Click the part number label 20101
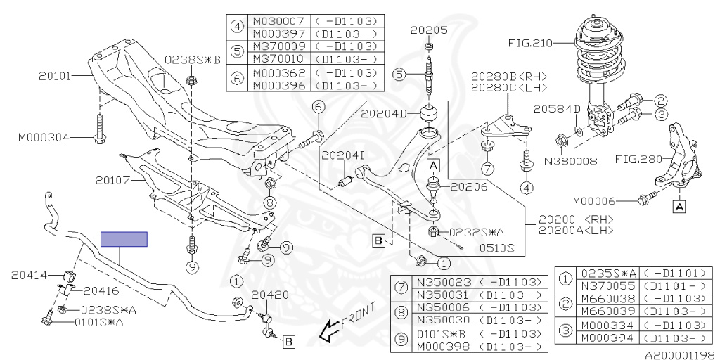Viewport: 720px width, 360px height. pos(55,76)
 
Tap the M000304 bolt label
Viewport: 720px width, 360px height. pos(44,137)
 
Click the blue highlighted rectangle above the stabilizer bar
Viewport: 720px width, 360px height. pos(124,239)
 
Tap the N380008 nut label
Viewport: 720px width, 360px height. pos(571,161)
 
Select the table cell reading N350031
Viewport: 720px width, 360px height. pos(443,295)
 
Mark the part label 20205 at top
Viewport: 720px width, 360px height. pos(428,31)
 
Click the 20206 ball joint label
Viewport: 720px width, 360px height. pos(468,186)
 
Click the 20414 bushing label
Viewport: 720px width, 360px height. pos(30,276)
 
